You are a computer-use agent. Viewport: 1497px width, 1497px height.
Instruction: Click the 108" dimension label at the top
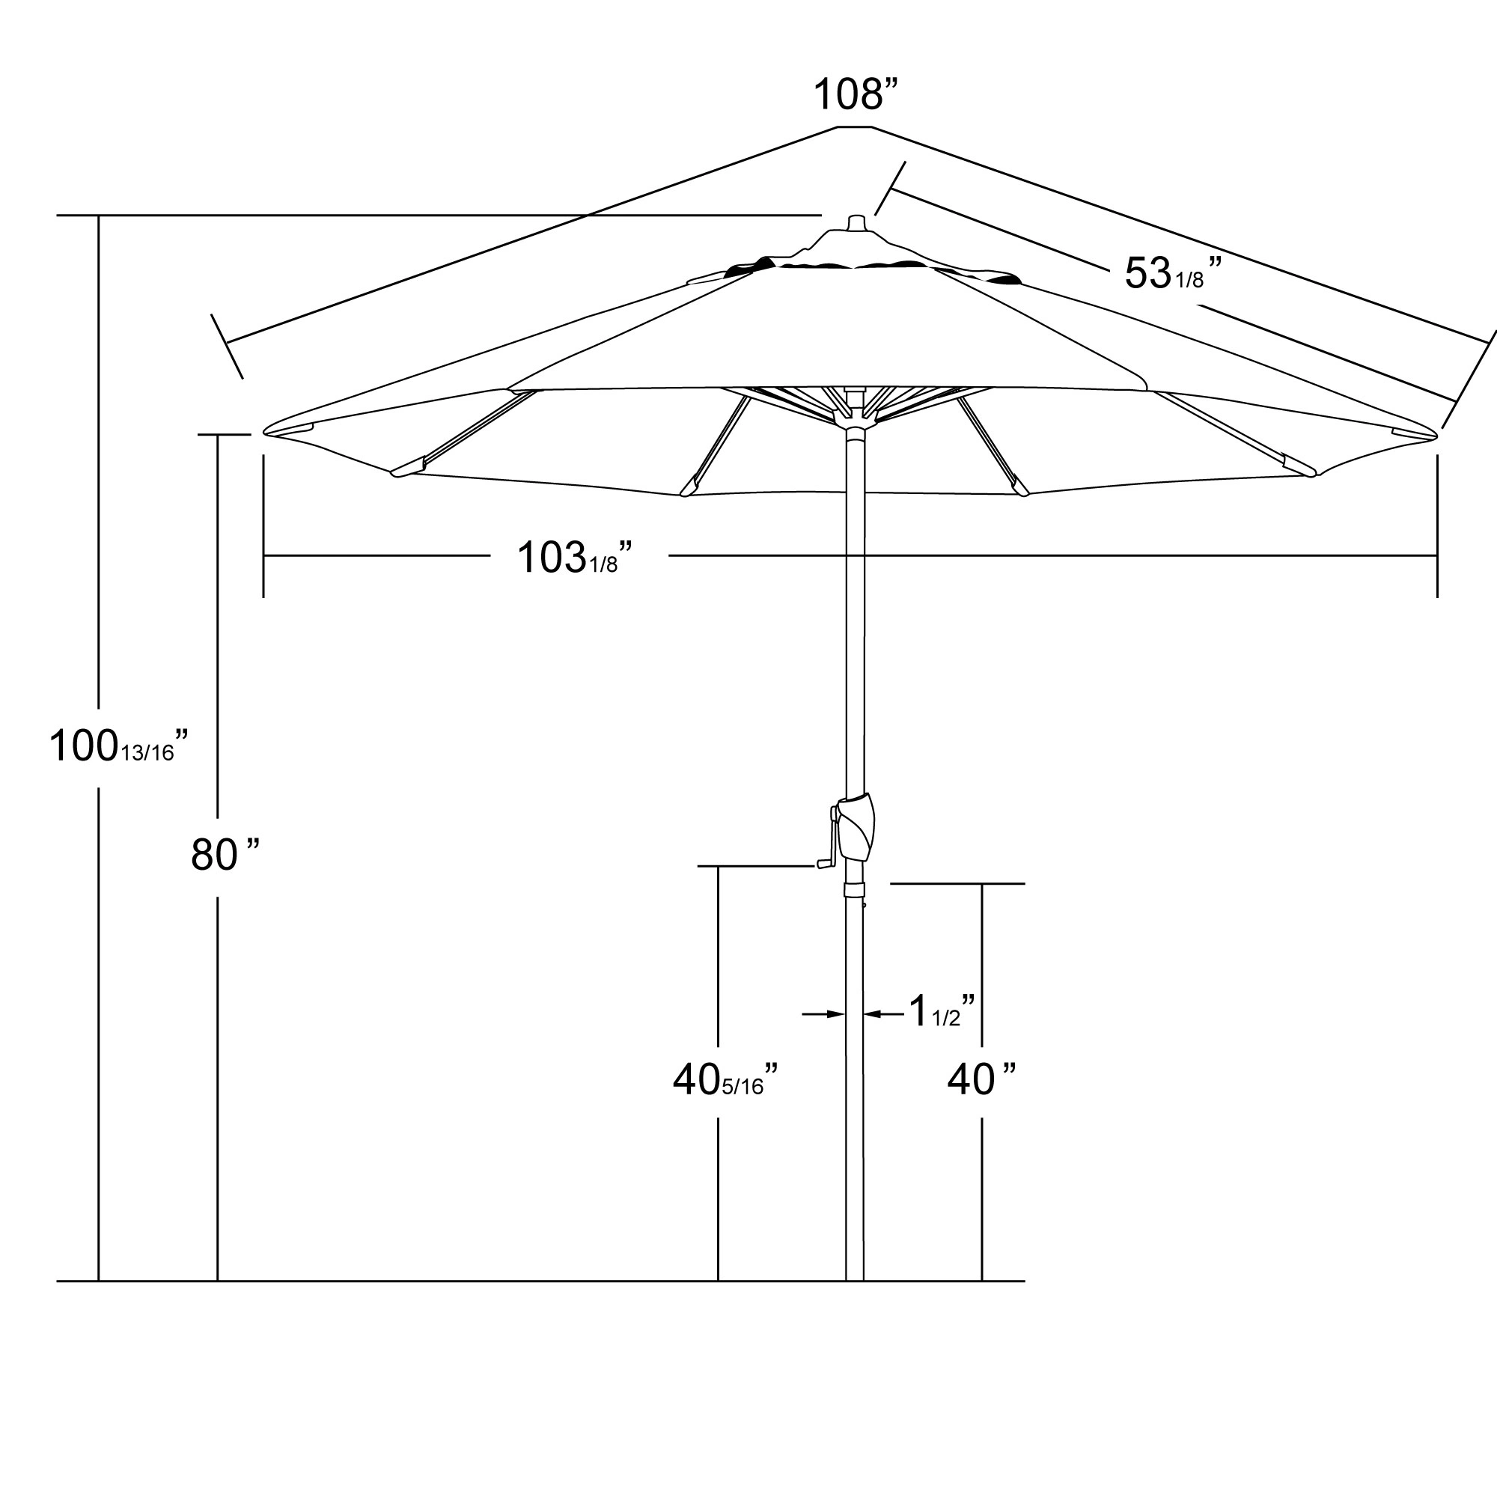tap(855, 94)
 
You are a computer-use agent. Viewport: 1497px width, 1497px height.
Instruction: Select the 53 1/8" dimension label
tap(1171, 273)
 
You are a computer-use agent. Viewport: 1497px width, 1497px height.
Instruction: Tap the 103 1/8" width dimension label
tap(574, 558)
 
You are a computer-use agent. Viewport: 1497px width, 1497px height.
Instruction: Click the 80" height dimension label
tap(224, 856)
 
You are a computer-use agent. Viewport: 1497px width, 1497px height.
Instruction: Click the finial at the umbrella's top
tap(856, 222)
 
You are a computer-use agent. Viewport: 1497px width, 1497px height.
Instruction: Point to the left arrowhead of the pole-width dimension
tap(836, 1013)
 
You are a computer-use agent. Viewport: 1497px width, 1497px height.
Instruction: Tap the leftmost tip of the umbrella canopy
tap(266, 433)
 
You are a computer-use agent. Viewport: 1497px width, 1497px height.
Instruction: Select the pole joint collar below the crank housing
tap(855, 888)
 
